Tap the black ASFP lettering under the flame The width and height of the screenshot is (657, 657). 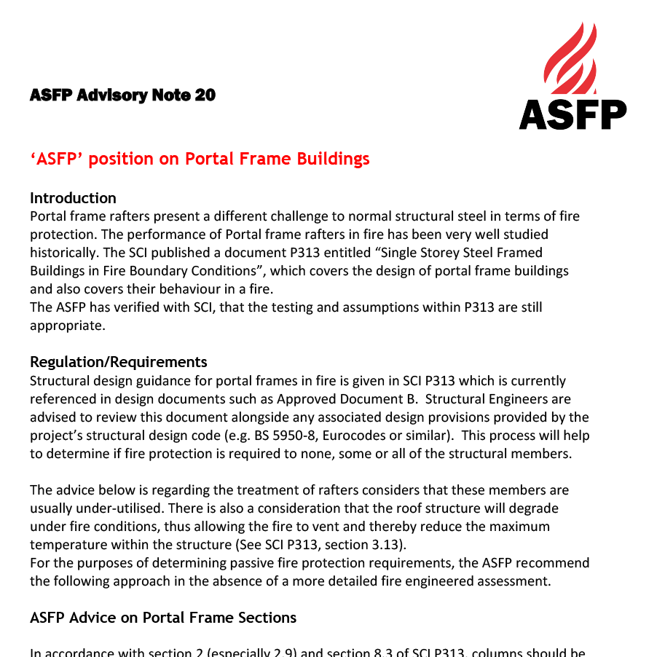pos(573,114)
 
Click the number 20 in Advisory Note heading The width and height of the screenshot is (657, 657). pos(205,95)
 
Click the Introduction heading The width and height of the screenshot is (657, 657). pos(73,198)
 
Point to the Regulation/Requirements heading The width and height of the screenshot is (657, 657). pos(118,362)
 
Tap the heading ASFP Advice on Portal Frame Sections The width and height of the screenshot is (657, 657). pos(163,618)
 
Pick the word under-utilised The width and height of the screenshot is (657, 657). pos(74,508)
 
